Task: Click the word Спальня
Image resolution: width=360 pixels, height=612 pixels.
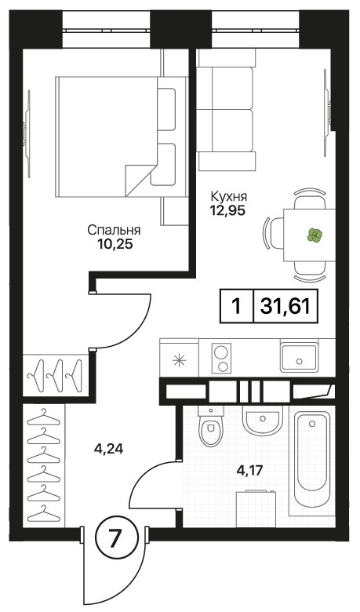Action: pos(114,231)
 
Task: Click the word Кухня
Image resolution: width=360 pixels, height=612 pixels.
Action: pos(229,196)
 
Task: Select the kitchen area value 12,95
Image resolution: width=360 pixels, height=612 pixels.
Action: pos(227,210)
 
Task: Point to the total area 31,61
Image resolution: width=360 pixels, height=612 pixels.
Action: pos(286,306)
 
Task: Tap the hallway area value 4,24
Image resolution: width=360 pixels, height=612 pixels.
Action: pos(108,450)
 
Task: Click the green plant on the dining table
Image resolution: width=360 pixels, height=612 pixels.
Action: pos(315,235)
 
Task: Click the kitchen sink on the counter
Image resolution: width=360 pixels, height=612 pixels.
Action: pos(299,357)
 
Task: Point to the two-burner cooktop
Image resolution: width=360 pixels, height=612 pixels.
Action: pos(221,357)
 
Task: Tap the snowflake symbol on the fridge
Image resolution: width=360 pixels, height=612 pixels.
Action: pos(179,360)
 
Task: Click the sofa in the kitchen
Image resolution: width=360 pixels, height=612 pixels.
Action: pos(226,109)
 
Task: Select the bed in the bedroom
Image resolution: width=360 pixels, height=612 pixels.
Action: pos(122,137)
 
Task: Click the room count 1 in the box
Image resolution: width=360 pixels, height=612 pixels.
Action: pos(235,306)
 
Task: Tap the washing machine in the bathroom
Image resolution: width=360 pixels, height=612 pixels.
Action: pos(256,508)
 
